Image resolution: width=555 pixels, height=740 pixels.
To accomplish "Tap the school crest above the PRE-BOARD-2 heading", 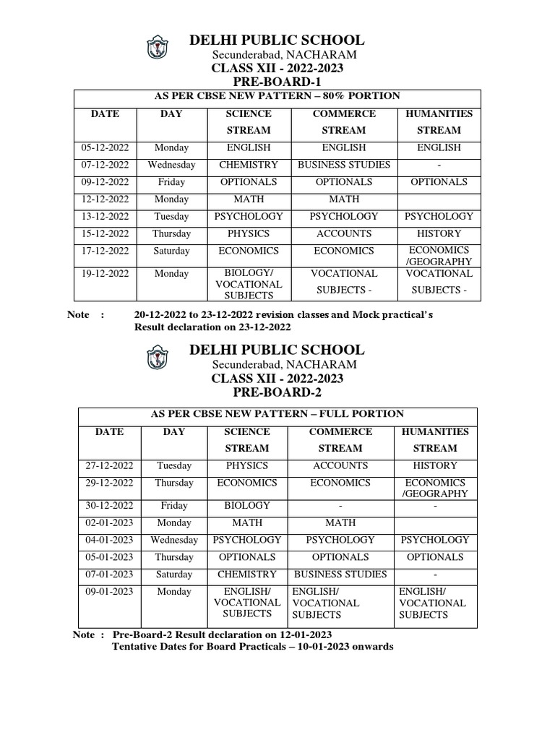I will (x=156, y=358).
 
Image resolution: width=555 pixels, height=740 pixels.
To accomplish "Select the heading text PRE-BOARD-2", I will (x=277, y=392).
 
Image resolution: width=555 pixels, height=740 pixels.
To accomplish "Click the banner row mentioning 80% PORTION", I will (x=277, y=96).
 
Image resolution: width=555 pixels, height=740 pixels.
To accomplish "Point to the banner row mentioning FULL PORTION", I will (x=277, y=414).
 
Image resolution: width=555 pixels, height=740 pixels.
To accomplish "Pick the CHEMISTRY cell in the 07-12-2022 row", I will (x=248, y=165).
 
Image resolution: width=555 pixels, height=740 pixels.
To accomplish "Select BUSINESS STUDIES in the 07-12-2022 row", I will (x=344, y=165).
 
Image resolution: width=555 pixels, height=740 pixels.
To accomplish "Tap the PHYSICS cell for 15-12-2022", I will (x=248, y=233).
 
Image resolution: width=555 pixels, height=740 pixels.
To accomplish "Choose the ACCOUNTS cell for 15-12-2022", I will (x=344, y=233).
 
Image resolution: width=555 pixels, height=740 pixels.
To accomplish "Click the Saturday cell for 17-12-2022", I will (x=171, y=251).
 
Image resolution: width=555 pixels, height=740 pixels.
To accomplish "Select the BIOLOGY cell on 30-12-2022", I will (x=247, y=505).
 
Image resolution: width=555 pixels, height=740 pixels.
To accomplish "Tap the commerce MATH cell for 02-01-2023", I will (x=340, y=522).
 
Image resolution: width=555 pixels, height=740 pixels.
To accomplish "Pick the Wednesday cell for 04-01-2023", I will (x=174, y=540).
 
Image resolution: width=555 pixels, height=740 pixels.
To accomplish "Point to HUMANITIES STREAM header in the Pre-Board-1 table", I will (x=439, y=122).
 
